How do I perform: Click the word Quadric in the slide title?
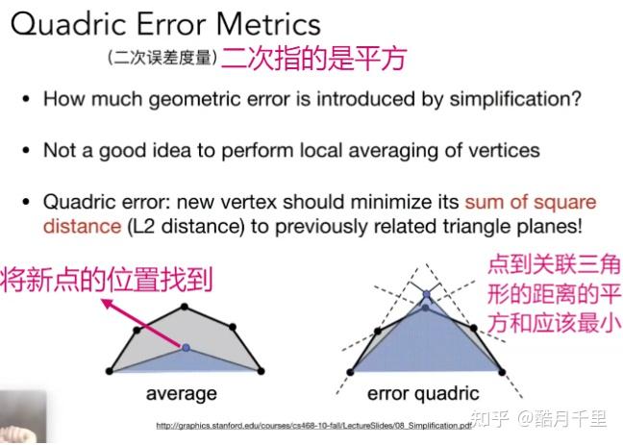(x=68, y=25)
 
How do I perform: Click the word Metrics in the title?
(x=268, y=25)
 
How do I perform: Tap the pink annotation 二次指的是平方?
(x=313, y=59)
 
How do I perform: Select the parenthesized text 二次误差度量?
(x=162, y=58)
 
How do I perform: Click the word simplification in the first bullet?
(x=515, y=99)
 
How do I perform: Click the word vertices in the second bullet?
(x=504, y=150)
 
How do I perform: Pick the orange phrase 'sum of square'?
(x=531, y=202)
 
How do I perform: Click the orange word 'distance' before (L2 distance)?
(x=83, y=227)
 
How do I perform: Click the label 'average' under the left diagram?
(x=182, y=394)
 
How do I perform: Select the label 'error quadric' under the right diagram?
(x=423, y=394)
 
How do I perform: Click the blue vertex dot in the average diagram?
(x=186, y=348)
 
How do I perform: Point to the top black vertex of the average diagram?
(x=184, y=307)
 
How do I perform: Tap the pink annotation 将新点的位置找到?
(x=107, y=280)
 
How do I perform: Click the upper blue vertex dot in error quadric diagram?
(x=426, y=294)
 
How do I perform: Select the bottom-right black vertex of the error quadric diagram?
(x=502, y=372)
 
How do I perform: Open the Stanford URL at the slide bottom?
(x=313, y=426)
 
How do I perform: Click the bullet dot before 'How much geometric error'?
(x=26, y=99)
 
